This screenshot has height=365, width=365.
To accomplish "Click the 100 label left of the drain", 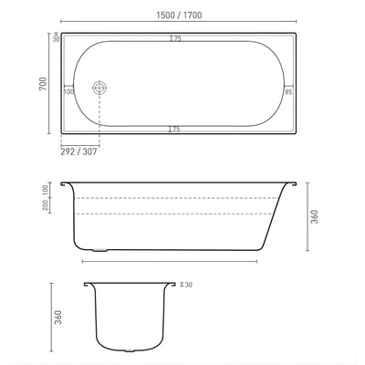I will pos(68,91).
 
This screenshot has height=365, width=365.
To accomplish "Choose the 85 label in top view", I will pos(288,91).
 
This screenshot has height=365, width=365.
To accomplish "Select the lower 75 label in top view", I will pos(174,130).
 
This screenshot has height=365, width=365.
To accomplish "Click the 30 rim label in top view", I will pos(56,38).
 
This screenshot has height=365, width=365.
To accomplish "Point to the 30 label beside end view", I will pos(188,285).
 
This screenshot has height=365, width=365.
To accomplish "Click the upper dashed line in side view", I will pos(173,197).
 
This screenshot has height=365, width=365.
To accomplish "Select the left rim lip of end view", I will pos(89,285).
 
